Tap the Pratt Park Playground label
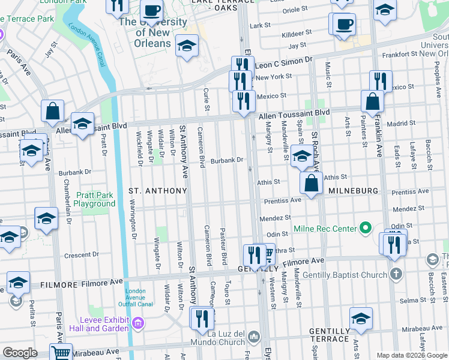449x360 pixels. click(x=95, y=199)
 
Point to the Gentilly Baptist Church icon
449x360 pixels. click(x=396, y=274)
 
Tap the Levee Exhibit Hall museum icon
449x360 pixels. click(x=138, y=324)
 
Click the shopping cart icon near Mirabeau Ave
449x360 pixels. click(x=61, y=353)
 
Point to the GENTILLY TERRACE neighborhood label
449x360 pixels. click(x=330, y=335)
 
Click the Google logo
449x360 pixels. click(x=20, y=353)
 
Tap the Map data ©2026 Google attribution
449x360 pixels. click(x=412, y=355)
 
